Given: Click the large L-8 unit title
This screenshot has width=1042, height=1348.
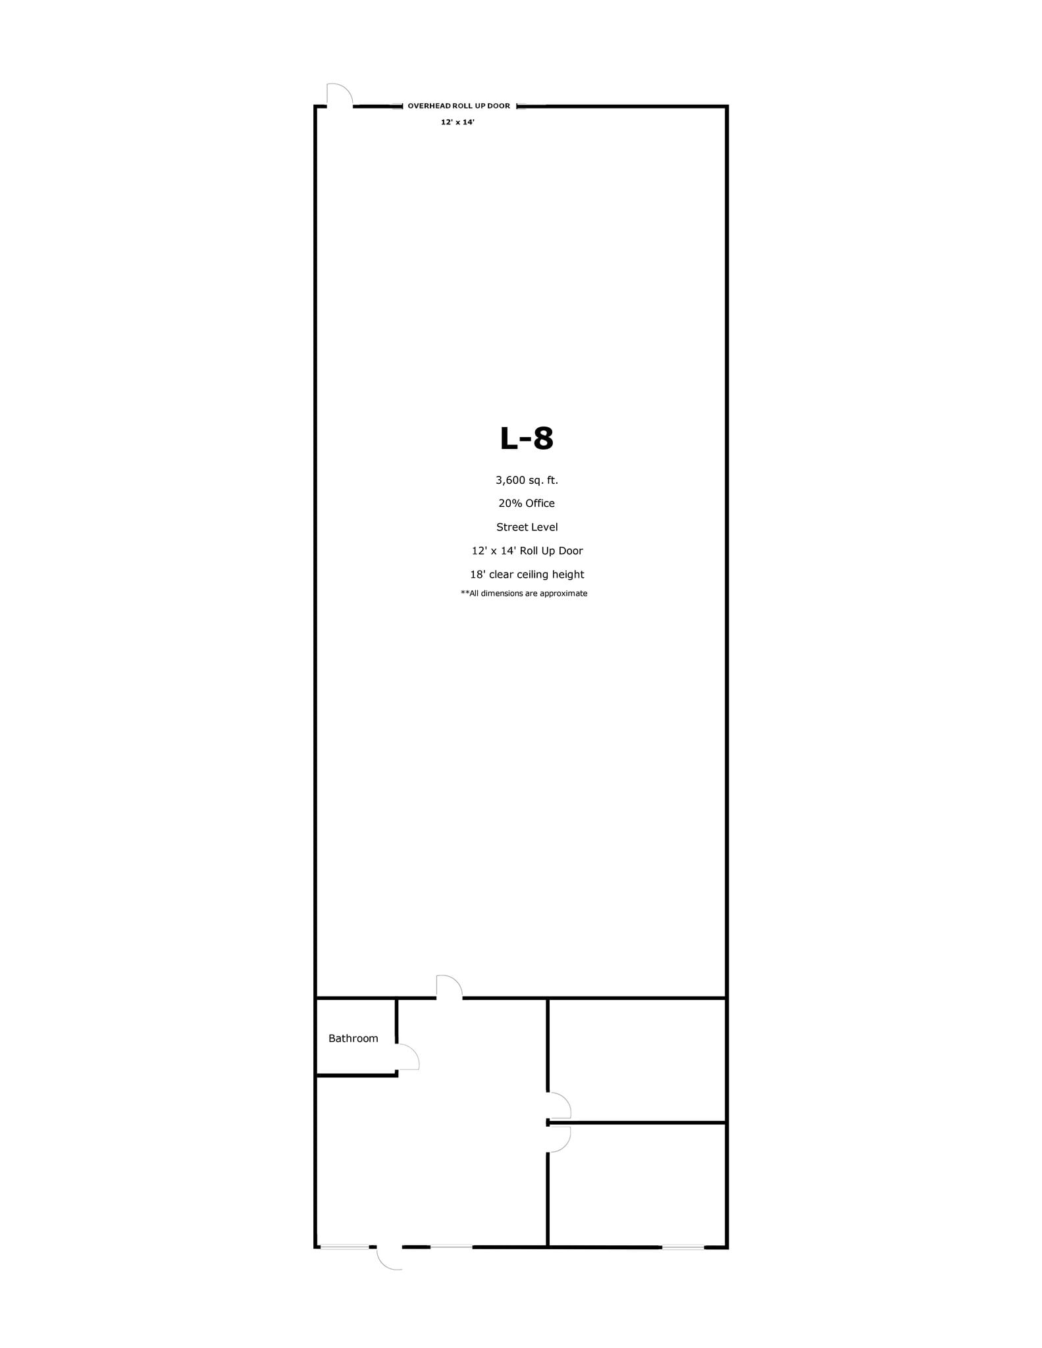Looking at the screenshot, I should pyautogui.click(x=526, y=438).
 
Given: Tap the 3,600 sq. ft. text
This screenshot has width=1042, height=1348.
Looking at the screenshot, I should pyautogui.click(x=527, y=480).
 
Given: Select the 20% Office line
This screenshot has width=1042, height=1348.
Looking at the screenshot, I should pyautogui.click(x=527, y=504).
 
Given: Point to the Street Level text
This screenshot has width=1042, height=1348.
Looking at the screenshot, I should pyautogui.click(x=527, y=527).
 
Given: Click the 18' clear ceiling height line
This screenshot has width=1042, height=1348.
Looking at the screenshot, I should pyautogui.click(x=527, y=575).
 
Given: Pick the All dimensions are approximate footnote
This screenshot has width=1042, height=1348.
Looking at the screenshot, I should pyautogui.click(x=524, y=594).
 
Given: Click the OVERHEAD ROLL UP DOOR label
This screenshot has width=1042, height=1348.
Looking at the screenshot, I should pyautogui.click(x=459, y=106).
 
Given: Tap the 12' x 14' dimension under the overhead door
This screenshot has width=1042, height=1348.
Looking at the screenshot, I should pyautogui.click(x=457, y=122).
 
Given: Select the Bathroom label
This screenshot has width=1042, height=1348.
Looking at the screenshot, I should pyautogui.click(x=353, y=1039).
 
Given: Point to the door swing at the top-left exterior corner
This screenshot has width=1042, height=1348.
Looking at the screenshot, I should pyautogui.click(x=340, y=94).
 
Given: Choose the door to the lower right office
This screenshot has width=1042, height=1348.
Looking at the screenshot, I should pyautogui.click(x=560, y=1139).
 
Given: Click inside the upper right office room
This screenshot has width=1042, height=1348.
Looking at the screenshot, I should pyautogui.click(x=637, y=1060).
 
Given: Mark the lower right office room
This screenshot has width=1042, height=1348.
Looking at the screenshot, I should pyautogui.click(x=637, y=1185).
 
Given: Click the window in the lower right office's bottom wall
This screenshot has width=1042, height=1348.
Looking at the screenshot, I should pyautogui.click(x=683, y=1247).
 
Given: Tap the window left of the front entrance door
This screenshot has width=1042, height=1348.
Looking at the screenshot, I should pyautogui.click(x=344, y=1246).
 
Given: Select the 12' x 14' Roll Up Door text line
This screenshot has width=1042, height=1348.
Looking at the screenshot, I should pyautogui.click(x=527, y=551).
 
